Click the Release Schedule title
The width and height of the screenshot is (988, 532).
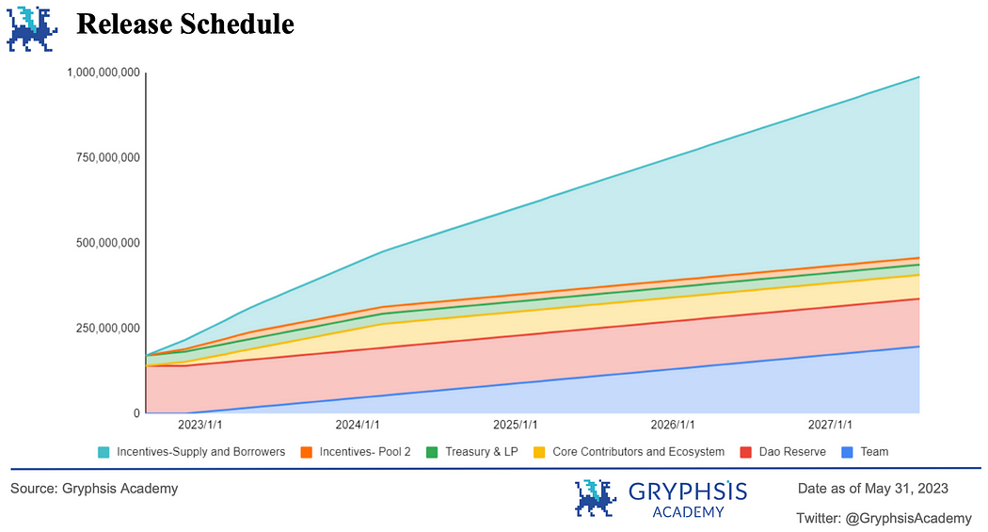pyautogui.click(x=184, y=24)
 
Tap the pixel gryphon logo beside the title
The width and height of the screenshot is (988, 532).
pyautogui.click(x=31, y=27)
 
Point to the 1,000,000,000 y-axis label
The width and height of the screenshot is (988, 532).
pyautogui.click(x=104, y=73)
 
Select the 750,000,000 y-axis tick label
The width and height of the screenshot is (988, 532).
pyautogui.click(x=108, y=158)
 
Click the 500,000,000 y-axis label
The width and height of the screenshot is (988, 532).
pyautogui.click(x=108, y=243)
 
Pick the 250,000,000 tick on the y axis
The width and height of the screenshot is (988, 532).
pyautogui.click(x=108, y=329)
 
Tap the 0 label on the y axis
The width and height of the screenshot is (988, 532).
pyautogui.click(x=136, y=413)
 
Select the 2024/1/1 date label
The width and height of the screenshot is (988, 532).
pyautogui.click(x=358, y=426)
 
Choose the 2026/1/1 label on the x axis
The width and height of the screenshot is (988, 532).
pyautogui.click(x=671, y=426)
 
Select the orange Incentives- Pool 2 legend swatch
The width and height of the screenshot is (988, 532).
pyautogui.click(x=307, y=452)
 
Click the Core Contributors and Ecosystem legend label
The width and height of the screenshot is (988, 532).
pyautogui.click(x=638, y=452)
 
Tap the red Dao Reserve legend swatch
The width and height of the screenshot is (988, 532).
pyautogui.click(x=745, y=452)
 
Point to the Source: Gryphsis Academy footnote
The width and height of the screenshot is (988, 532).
pyautogui.click(x=94, y=489)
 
